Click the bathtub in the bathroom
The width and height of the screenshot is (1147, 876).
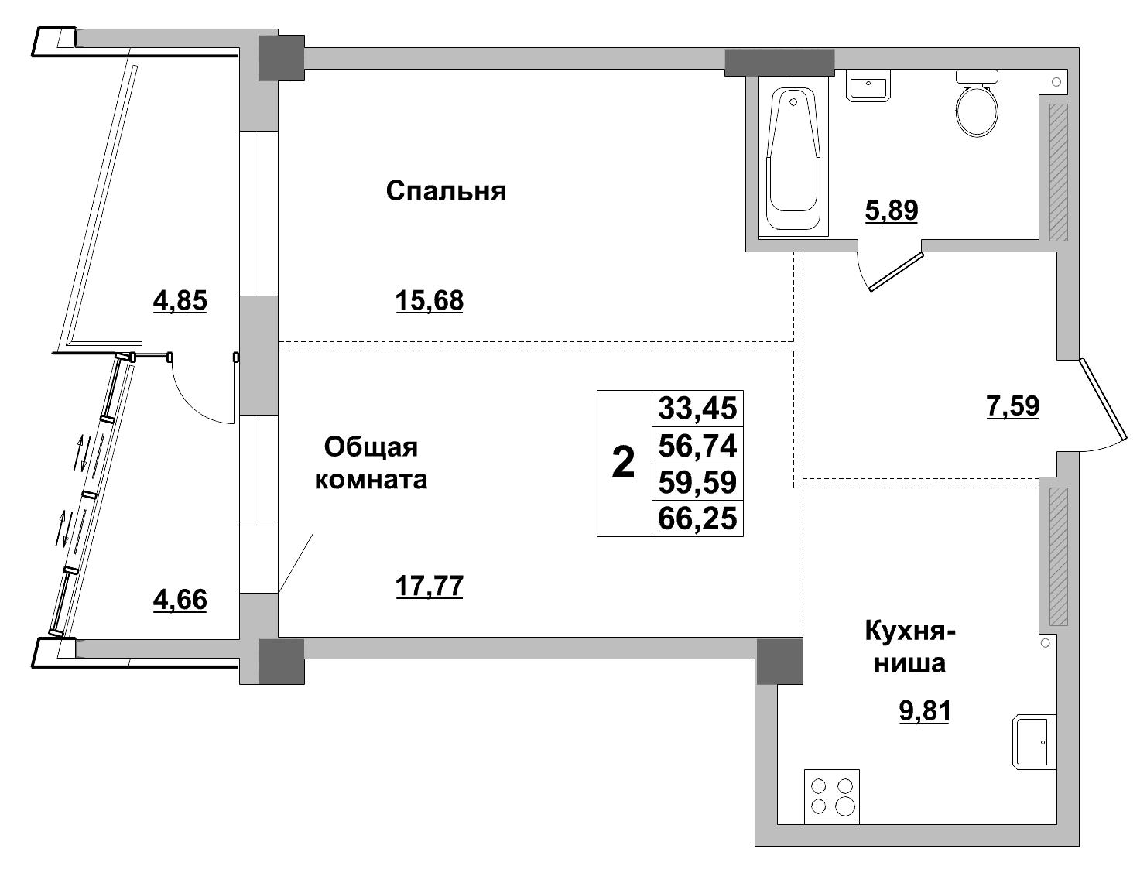[x=793, y=159]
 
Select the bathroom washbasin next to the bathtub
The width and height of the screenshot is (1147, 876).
[x=871, y=86]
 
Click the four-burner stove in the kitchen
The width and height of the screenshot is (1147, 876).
[x=832, y=796]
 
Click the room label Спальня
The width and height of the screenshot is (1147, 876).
[x=446, y=191]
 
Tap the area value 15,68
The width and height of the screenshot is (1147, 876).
[x=429, y=300]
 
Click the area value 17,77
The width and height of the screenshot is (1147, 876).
[x=429, y=587]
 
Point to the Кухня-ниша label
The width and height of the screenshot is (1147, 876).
[x=910, y=648]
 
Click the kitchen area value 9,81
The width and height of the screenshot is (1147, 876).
[x=924, y=710]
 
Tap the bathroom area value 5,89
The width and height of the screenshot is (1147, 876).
[x=891, y=210]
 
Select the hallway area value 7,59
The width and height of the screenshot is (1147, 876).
[x=1012, y=405]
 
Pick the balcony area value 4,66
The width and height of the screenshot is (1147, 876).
[x=180, y=599]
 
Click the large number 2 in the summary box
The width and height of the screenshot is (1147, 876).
[x=623, y=464]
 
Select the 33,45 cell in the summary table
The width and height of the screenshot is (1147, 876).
[x=697, y=408]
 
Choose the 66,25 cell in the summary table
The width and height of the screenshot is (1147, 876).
[x=697, y=518]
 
